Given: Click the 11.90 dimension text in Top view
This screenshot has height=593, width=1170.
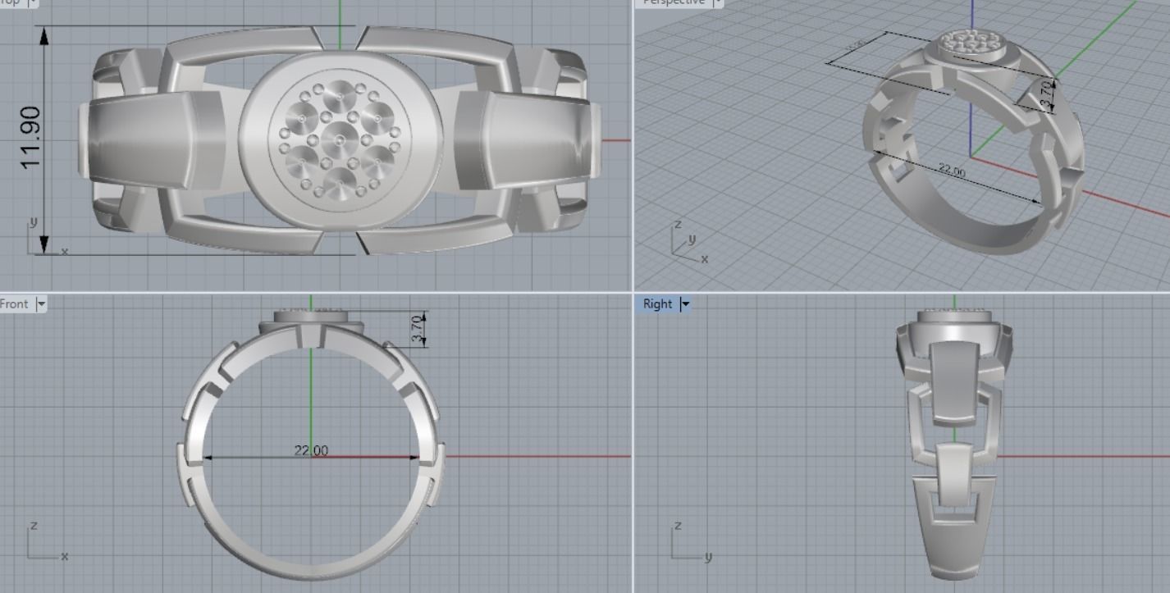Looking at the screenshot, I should click(x=30, y=138).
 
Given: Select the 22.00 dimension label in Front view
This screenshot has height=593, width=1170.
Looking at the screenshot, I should click(x=311, y=450).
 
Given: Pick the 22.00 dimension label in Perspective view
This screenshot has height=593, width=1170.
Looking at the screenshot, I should click(x=952, y=171).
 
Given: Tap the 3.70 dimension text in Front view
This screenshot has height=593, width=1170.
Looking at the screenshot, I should click(x=417, y=329).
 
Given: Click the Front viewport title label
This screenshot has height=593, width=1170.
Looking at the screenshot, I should click(x=15, y=304).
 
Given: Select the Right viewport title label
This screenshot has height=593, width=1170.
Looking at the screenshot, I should click(x=657, y=304).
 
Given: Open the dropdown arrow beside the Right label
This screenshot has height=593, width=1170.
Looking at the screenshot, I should click(x=685, y=304).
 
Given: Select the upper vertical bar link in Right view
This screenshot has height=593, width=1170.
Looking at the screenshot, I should click(x=953, y=384).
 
